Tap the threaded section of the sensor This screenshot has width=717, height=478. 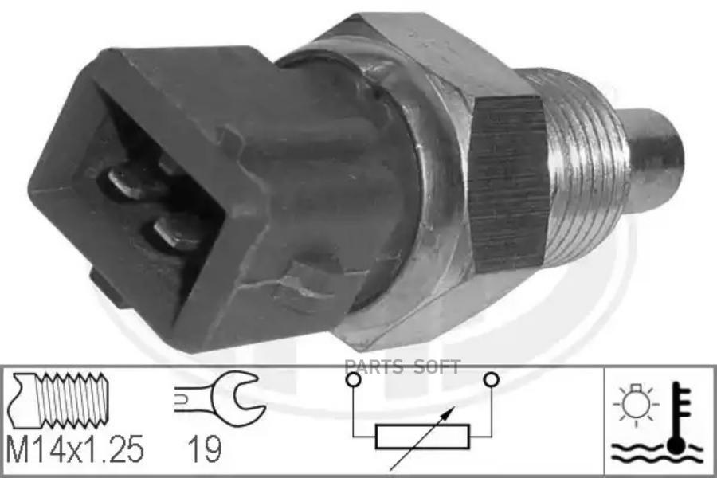(582, 169)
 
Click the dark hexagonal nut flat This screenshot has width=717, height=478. (508, 186)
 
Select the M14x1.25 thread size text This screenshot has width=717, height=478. (76, 449)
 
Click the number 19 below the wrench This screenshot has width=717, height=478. (205, 449)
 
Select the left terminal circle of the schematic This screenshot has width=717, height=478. (353, 379)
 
